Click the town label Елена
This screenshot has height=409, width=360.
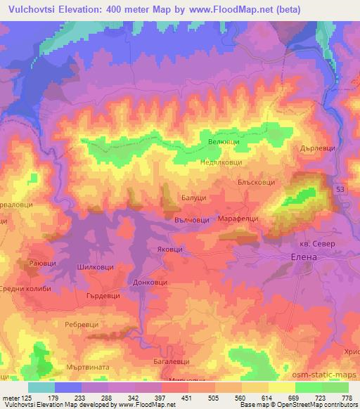[x=306, y=257]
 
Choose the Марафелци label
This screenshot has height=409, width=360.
[x=237, y=219]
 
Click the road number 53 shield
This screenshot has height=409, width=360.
[x=340, y=191]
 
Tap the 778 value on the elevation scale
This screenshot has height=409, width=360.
[x=347, y=398]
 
